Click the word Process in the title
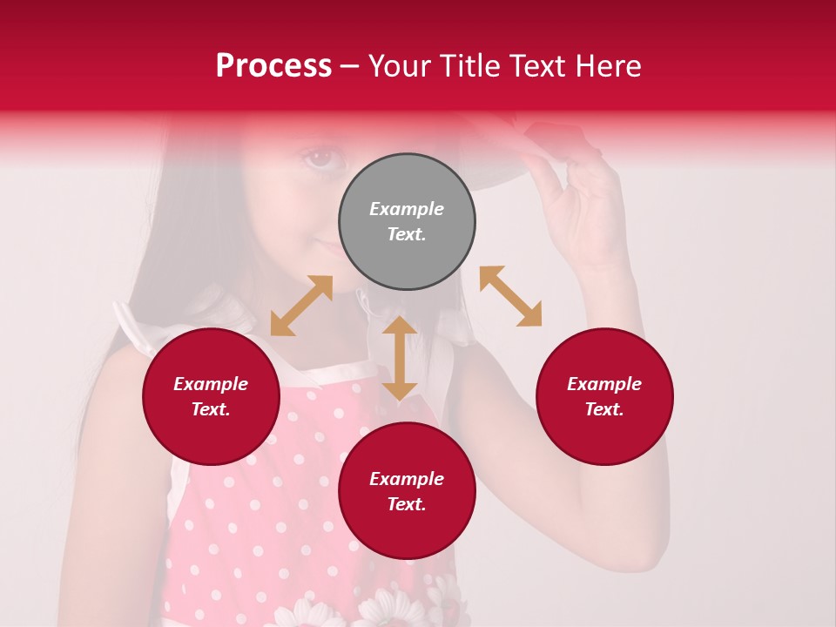(273, 66)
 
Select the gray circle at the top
(407, 221)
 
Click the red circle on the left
(211, 396)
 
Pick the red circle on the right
(604, 396)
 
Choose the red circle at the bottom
(407, 491)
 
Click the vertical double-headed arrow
(400, 358)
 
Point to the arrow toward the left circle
(301, 306)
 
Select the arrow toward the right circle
(510, 296)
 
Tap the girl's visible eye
(320, 158)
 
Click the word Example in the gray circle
(407, 209)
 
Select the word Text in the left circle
(211, 409)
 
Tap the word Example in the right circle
(604, 384)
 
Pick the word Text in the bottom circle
(407, 504)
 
